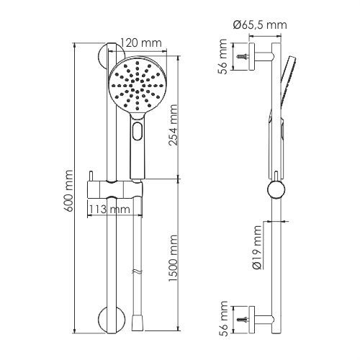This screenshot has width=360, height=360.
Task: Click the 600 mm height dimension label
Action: click(69, 191)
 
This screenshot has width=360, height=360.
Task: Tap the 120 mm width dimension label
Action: click(140, 43)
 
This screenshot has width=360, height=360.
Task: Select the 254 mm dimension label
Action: click(174, 125)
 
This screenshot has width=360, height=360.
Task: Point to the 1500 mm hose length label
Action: click(174, 258)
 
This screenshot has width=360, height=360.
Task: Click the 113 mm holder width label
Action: click(109, 210)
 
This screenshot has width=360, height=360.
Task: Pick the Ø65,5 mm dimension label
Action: click(260, 25)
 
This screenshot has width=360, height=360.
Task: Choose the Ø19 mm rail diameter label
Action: click(258, 247)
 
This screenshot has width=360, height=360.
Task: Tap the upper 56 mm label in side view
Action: click(222, 57)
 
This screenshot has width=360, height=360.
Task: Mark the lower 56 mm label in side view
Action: click(222, 319)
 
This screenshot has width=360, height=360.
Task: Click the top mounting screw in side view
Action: click(242, 57)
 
